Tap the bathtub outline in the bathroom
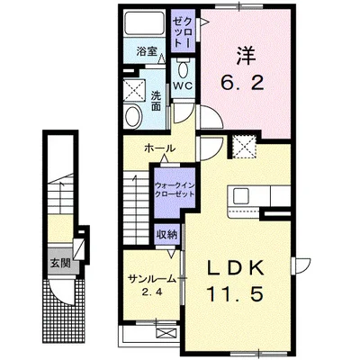point(144,24)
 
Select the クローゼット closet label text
point(182,31)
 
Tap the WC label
point(183,85)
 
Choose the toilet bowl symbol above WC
point(183,69)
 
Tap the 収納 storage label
point(167,235)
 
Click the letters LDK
point(238,270)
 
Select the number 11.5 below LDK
point(238,294)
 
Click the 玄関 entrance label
point(59,265)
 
